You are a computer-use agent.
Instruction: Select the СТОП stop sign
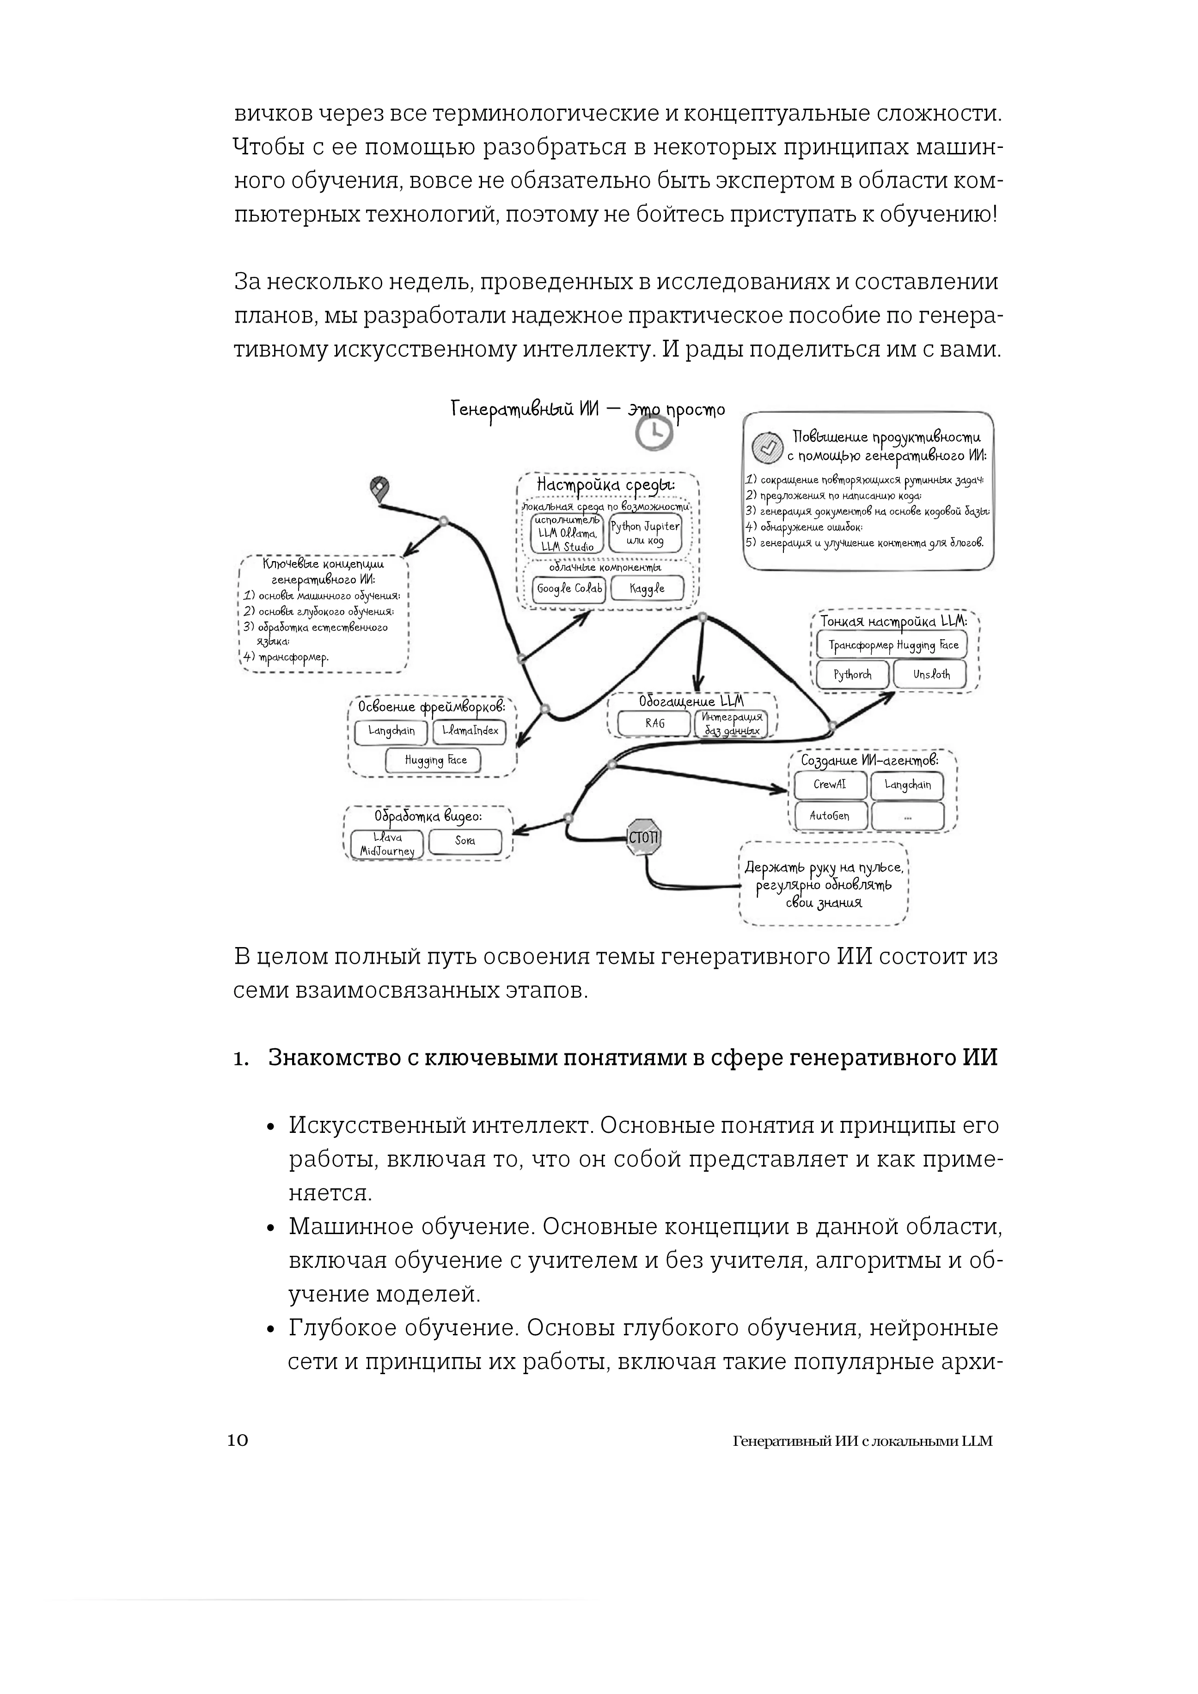pos(644,837)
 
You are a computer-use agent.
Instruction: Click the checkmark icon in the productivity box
pos(766,447)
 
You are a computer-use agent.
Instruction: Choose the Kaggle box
pos(647,589)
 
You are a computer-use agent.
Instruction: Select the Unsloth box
pos(931,674)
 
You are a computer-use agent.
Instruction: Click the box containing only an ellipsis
pos(907,816)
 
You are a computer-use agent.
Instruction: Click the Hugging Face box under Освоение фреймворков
pos(435,760)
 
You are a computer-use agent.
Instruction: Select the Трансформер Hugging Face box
pos(892,645)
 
